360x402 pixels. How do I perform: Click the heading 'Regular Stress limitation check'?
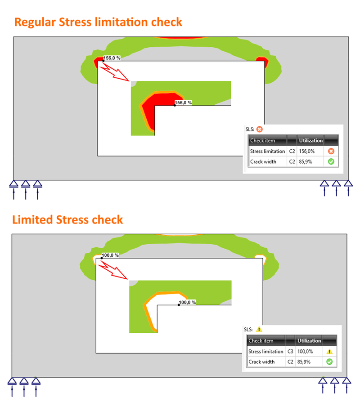point(98,22)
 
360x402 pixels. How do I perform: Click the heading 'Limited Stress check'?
point(67,220)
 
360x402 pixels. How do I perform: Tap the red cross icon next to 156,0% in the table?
point(331,152)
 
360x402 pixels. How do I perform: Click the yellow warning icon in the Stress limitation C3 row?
point(329,352)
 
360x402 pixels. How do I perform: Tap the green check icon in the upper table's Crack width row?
point(331,161)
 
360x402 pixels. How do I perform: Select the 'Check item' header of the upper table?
point(267,141)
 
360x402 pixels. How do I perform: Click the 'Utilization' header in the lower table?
point(309,341)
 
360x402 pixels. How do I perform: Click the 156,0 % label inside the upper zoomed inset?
point(183,103)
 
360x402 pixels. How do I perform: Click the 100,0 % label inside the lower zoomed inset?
point(187,303)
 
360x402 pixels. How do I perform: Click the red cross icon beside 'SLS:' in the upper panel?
point(260,129)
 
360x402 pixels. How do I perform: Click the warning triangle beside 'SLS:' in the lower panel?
point(259,329)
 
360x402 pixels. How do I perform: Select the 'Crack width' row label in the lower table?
point(261,362)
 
